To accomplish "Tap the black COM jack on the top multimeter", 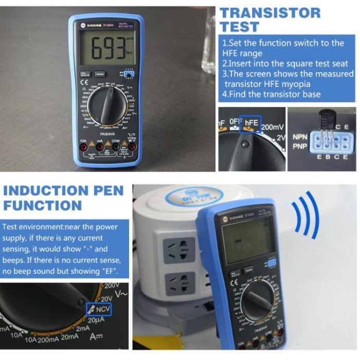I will (x=116, y=147).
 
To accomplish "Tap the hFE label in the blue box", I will (x=251, y=123).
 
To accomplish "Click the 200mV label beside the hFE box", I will (x=274, y=127).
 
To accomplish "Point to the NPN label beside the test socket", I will (x=300, y=137).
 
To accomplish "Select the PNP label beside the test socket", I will (x=300, y=147).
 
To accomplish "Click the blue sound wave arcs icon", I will (x=307, y=212).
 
